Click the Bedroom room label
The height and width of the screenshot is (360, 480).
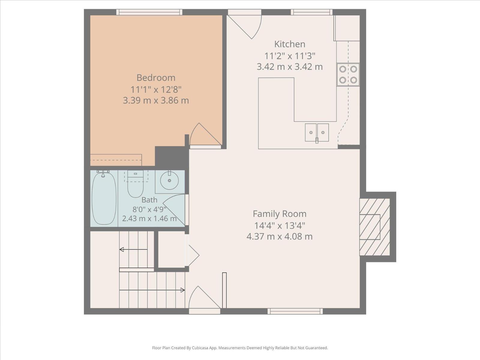click(x=156, y=78)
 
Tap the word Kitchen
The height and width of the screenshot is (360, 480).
click(x=290, y=44)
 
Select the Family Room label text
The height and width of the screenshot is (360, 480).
click(x=280, y=214)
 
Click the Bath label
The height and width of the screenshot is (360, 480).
click(x=149, y=200)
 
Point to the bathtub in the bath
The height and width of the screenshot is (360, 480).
click(x=104, y=198)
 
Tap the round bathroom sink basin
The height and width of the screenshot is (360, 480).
click(x=169, y=181)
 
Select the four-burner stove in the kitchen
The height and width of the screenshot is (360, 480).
click(x=348, y=74)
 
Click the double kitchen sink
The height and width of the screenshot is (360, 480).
click(x=317, y=133)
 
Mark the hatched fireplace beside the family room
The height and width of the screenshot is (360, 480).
click(x=375, y=227)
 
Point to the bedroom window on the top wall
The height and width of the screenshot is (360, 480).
click(x=149, y=12)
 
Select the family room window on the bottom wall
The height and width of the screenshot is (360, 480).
click(x=295, y=311)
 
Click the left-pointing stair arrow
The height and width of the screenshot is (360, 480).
click(x=133, y=249)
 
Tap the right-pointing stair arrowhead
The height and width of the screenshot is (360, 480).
click(x=183, y=290)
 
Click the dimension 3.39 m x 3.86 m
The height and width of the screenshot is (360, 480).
click(x=156, y=100)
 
